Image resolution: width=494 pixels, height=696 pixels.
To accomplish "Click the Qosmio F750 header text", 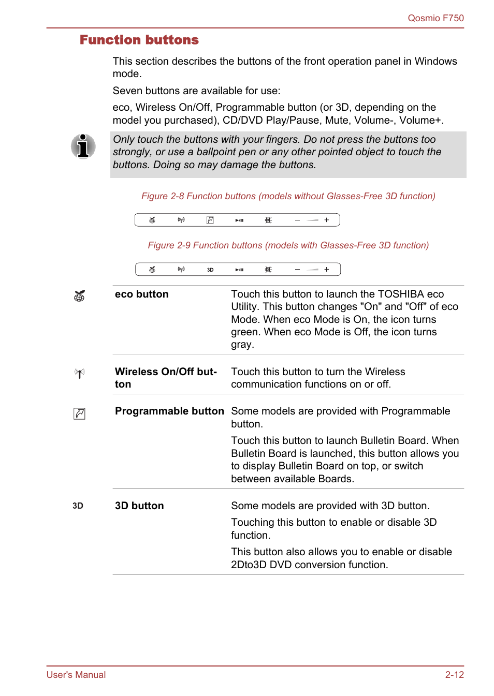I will [435, 18].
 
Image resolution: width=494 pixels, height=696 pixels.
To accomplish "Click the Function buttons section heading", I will [139, 40].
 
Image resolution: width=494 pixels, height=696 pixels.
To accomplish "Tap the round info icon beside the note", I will [83, 146].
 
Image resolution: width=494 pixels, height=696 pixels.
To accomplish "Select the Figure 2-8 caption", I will [288, 196].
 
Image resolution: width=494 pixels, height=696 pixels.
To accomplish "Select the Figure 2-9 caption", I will [288, 245].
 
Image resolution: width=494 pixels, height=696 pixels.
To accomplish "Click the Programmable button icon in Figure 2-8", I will [210, 220].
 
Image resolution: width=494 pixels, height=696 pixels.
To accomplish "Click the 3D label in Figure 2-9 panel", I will [210, 270].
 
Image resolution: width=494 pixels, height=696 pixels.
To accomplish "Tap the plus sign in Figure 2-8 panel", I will [327, 220].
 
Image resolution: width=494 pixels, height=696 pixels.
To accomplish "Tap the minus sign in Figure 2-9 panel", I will [297, 270].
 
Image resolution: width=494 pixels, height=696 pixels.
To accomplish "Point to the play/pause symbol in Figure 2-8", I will [239, 220].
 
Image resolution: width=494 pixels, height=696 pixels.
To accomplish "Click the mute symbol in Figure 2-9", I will [268, 270].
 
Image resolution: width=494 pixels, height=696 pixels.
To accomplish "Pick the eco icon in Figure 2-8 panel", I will [152, 220].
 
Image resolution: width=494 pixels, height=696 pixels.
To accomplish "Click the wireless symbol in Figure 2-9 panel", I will [181, 269].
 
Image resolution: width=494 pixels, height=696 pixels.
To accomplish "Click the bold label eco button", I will [141, 294].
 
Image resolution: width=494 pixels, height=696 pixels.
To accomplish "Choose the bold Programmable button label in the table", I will [169, 411].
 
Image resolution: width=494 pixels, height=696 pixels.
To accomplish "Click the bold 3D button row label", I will [139, 506].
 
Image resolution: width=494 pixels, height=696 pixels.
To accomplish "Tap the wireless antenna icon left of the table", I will [79, 373].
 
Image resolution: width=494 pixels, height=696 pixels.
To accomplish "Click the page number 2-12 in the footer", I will [454, 675].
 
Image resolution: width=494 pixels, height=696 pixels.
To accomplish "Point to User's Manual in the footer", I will [76, 675].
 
